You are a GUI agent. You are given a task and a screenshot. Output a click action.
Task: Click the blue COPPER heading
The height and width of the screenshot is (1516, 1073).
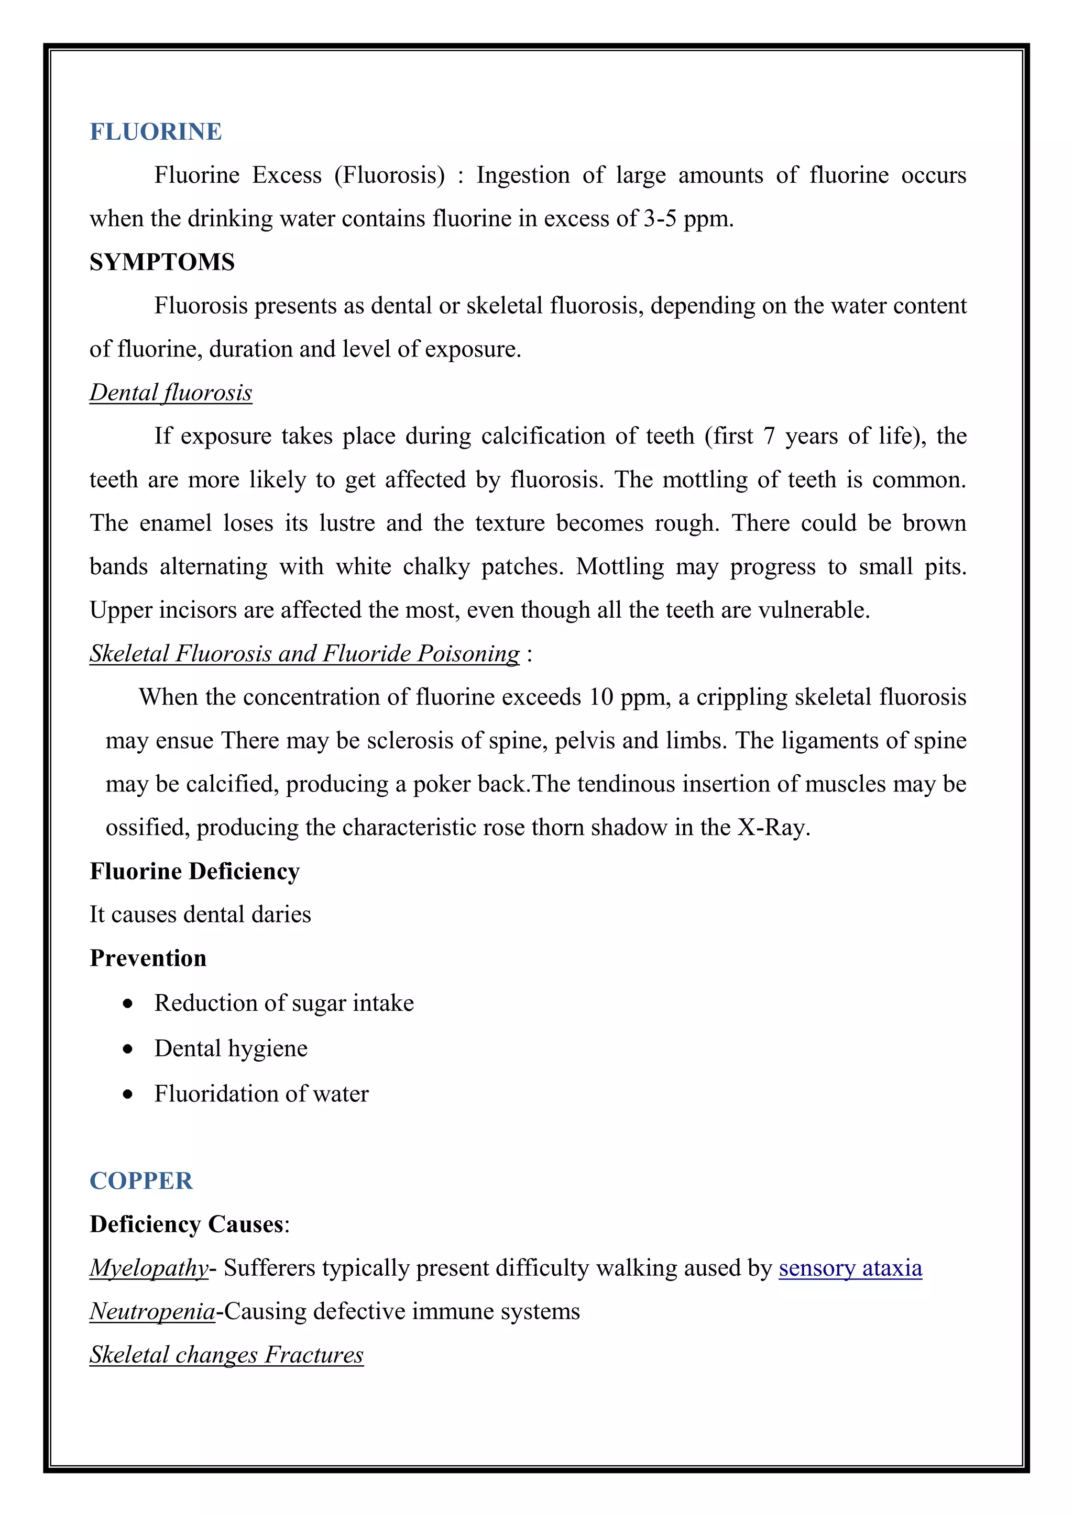point(141,1180)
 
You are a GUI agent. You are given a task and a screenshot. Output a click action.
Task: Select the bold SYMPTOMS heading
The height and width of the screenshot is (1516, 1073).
point(162,262)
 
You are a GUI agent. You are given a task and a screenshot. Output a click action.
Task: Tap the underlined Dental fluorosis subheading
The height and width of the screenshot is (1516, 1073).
point(170,392)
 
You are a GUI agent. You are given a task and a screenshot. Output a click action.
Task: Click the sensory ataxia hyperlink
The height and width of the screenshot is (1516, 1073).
point(850,1268)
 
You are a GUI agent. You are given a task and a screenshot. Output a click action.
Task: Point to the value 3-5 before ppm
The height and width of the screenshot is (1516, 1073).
point(660,218)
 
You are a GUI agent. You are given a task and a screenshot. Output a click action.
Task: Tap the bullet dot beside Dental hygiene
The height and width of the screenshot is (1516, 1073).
point(127,1049)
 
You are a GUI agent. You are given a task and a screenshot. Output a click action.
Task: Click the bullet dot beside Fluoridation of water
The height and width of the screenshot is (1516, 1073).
point(127,1094)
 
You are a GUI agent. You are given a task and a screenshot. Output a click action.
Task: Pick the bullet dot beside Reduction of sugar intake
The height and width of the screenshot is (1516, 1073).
point(127,1004)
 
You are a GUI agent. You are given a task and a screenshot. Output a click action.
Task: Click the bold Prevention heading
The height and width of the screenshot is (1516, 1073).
point(148,958)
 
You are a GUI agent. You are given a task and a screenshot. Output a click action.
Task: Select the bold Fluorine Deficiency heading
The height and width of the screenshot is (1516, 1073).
point(194,871)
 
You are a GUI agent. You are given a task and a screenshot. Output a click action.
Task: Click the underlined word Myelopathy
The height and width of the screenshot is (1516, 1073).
point(149,1268)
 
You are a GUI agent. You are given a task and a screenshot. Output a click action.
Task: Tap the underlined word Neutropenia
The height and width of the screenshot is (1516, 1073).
point(152,1311)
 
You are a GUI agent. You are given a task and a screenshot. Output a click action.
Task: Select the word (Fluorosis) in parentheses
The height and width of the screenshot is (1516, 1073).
point(389,175)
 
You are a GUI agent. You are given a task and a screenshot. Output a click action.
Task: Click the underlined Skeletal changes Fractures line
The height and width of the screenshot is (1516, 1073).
point(226,1354)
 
